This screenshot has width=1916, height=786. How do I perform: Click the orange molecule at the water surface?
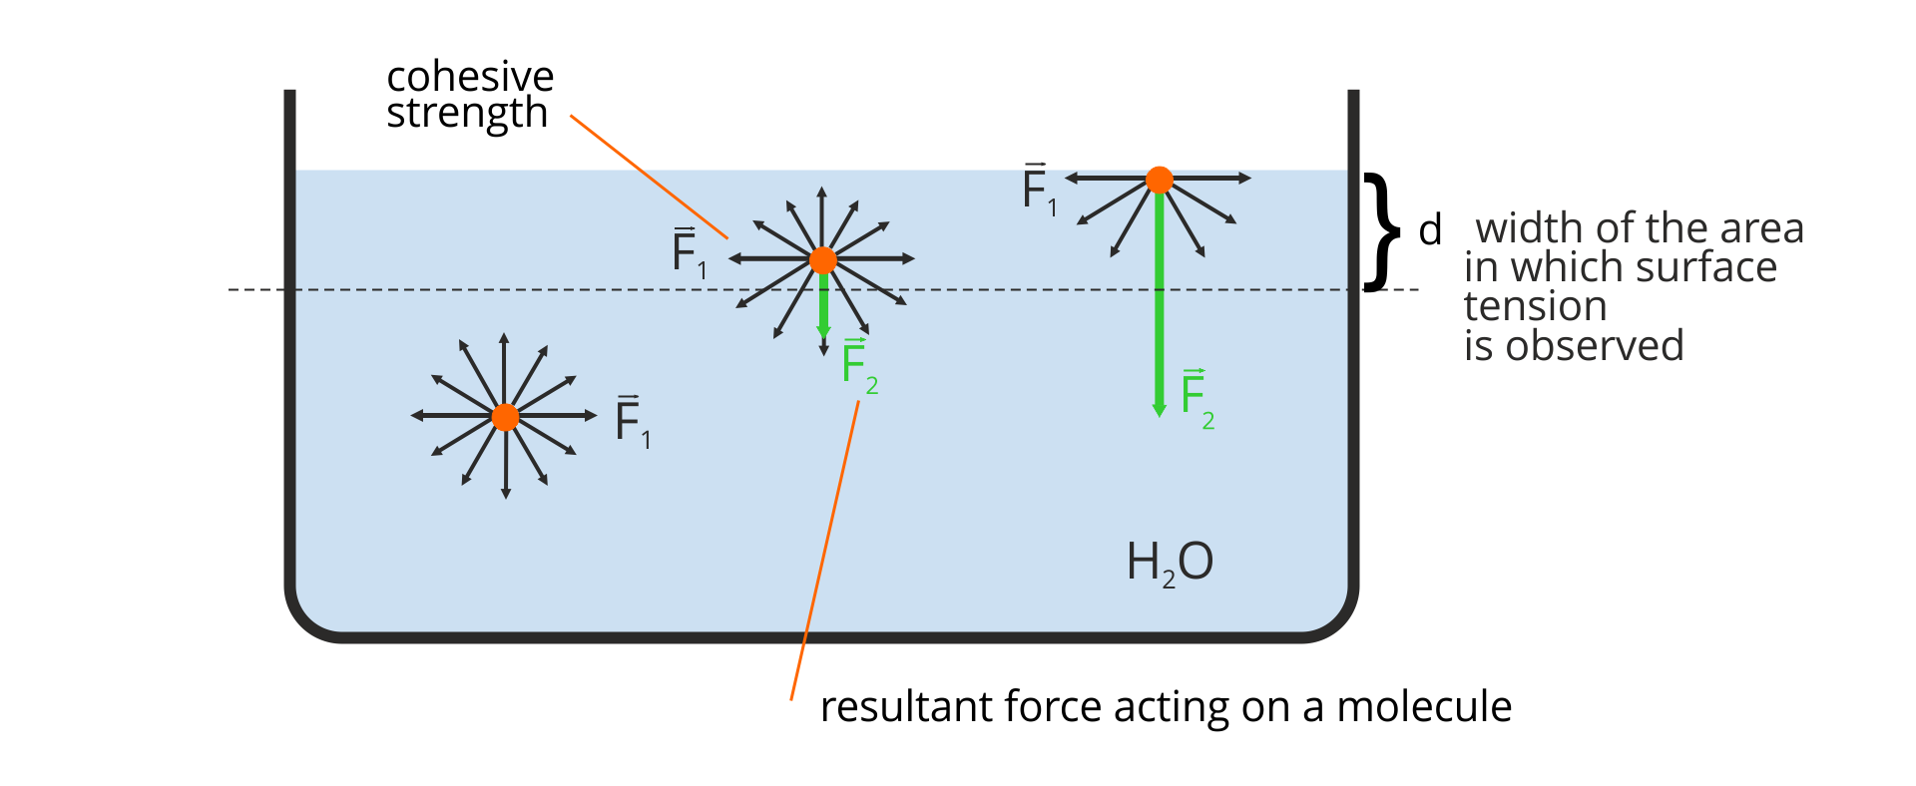(1159, 180)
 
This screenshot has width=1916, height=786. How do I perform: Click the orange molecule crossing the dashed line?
(822, 260)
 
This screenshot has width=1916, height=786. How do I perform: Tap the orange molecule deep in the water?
(505, 417)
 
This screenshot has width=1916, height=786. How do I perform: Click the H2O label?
(1169, 563)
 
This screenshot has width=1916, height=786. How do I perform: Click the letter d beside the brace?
(1430, 230)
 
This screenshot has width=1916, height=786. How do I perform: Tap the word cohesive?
(470, 77)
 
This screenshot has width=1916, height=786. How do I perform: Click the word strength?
(467, 114)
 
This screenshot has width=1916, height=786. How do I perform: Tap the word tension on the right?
(1535, 306)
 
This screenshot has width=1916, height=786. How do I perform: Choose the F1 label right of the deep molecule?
(632, 421)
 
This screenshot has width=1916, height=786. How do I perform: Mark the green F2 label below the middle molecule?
(858, 365)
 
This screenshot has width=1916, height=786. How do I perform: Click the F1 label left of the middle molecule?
(689, 252)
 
